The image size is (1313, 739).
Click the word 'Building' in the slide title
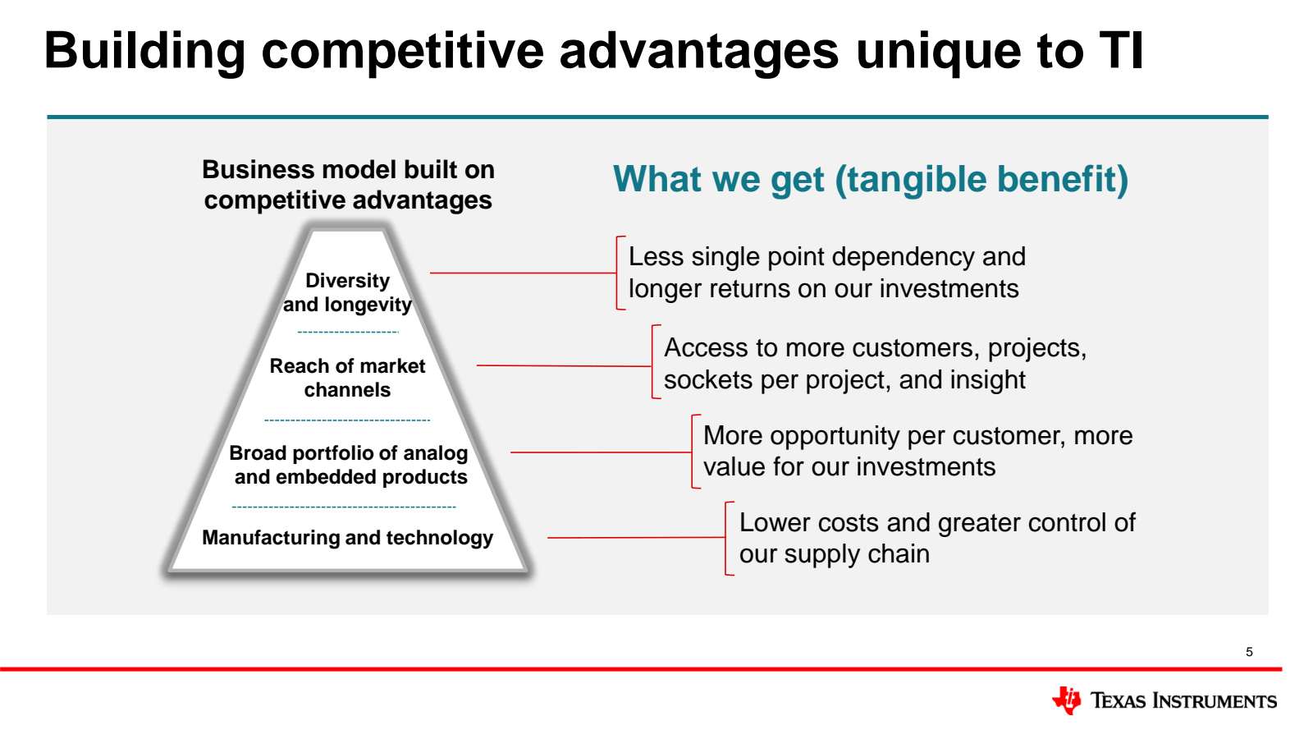pos(144,52)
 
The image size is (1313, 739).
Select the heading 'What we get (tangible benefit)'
pos(871,180)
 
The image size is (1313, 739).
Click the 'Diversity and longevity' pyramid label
pos(348,292)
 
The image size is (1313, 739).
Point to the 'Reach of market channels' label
pos(347,378)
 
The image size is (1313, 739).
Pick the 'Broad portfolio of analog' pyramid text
pos(348,453)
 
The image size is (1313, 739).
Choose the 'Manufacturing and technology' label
pos(348,538)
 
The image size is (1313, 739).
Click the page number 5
pos(1249,652)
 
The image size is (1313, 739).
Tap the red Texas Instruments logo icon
pos(1066,700)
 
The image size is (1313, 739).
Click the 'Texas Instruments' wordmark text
pos(1183,701)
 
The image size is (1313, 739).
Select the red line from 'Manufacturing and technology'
pos(636,537)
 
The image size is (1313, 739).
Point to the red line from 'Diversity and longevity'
pos(523,273)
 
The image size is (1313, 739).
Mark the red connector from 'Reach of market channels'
pos(564,366)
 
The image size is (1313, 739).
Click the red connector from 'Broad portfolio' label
pos(601,452)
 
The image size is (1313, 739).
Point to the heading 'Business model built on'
pos(348,170)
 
